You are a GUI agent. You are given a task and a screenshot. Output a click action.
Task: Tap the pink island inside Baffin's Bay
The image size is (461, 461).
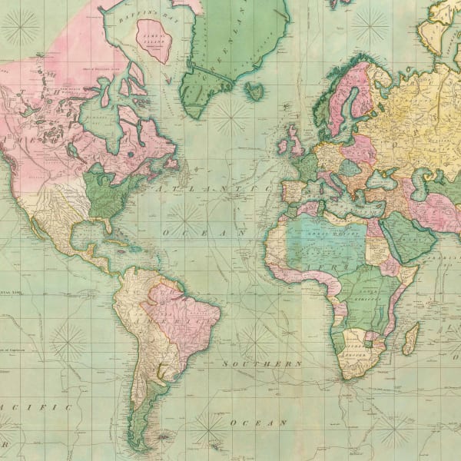(154, 41)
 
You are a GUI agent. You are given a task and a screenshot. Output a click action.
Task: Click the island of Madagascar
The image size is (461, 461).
(411, 337)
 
